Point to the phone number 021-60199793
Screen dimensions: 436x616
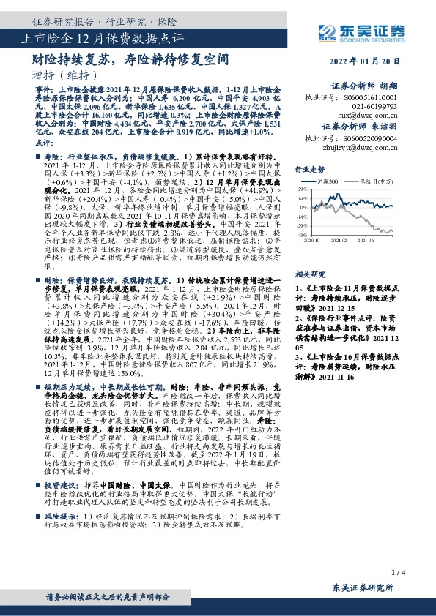[x=367, y=106]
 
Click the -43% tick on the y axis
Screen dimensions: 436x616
[x=300, y=235]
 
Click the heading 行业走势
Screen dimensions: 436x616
[x=308, y=168]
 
